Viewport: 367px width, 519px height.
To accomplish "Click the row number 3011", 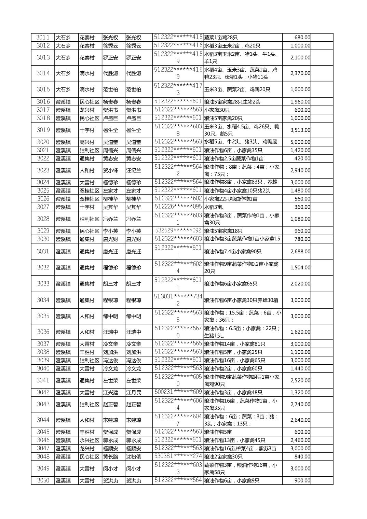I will pyautogui.click(x=43, y=38).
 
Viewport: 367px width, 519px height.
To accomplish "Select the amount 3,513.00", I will pyautogui.click(x=300, y=130).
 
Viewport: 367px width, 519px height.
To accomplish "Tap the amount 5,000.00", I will pyautogui.click(x=300, y=142).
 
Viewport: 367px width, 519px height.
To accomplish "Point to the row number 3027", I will pyautogui.click(x=43, y=207).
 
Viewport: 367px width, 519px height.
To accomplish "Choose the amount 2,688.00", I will pyautogui.click(x=300, y=252).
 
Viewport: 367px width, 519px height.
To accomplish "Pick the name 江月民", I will pyautogui.click(x=134, y=393).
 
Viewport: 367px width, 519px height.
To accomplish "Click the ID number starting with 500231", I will pyautogui.click(x=178, y=392).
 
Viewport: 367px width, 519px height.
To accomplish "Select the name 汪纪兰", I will pyautogui.click(x=134, y=170).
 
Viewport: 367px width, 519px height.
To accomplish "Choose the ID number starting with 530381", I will pyautogui.click(x=178, y=456).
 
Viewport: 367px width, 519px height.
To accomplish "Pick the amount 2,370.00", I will pyautogui.click(x=300, y=73).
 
